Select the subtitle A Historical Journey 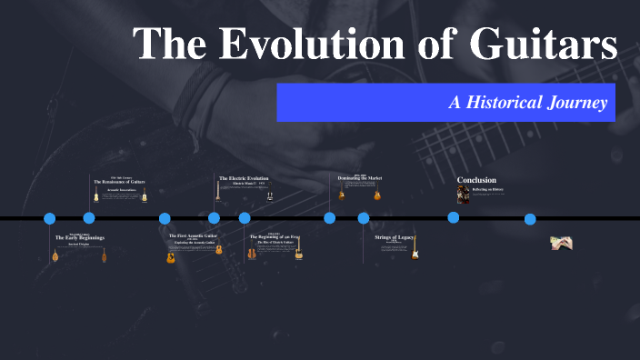[528, 102]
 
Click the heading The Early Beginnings [80, 238]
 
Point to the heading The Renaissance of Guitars [119, 182]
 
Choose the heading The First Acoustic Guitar [192, 236]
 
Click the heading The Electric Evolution [244, 178]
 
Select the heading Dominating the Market [359, 178]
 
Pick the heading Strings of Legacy [395, 237]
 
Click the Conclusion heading [476, 179]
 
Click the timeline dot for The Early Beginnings [50, 218]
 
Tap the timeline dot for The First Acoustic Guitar [165, 218]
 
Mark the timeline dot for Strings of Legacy [364, 218]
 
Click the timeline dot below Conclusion [453, 218]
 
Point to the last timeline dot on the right [530, 219]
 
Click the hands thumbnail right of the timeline [560, 242]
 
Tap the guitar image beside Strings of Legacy [415, 252]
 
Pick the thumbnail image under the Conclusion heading [463, 195]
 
